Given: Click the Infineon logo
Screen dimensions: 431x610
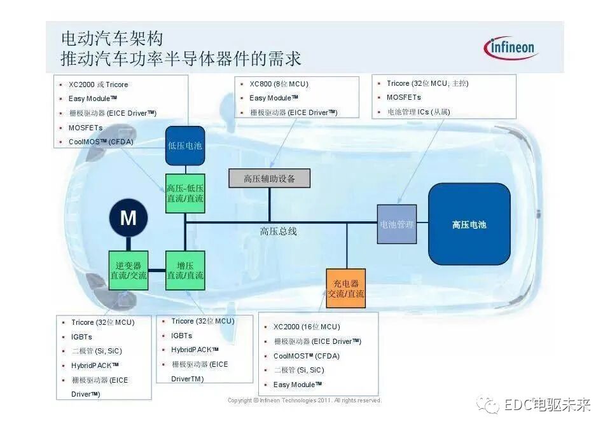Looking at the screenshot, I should point(511,48).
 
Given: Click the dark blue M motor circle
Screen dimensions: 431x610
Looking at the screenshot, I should point(128,219).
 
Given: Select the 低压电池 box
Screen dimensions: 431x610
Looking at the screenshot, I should point(185,146).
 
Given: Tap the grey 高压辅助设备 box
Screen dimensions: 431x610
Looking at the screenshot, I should point(270,179).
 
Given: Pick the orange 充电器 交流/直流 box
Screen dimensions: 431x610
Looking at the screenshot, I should point(346,288).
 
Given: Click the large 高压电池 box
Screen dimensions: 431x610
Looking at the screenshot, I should point(469,224).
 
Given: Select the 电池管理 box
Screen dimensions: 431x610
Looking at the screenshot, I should point(397,224).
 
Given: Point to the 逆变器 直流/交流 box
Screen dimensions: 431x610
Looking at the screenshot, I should point(128,270).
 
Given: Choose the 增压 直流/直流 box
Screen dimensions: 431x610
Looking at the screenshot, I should point(185,270).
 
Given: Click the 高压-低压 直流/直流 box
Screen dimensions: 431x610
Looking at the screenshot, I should point(185,193).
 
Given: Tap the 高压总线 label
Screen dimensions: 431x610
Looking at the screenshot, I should point(278,231).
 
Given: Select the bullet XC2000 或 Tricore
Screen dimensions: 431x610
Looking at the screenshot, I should point(98,85).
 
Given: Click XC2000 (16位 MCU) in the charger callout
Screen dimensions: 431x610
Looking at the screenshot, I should point(307,327).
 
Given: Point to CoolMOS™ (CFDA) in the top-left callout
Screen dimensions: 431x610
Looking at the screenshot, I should point(101,142).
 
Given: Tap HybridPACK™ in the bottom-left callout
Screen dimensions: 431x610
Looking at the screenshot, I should point(95,366).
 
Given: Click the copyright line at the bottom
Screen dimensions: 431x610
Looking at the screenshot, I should point(304,400).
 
